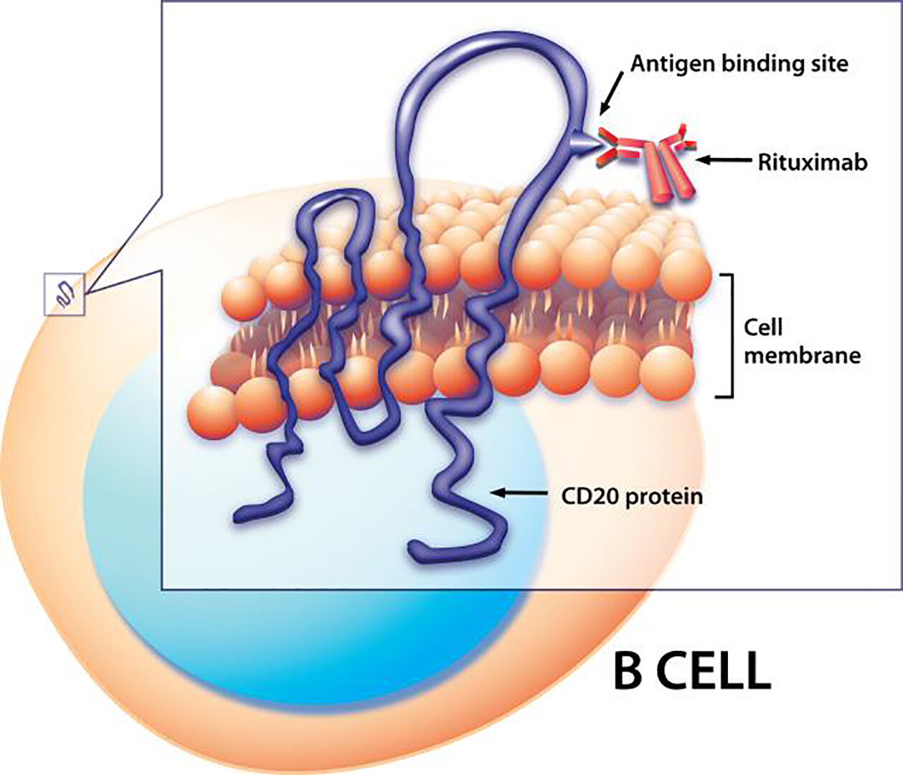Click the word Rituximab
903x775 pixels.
click(812, 162)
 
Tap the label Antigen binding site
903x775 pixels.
click(739, 64)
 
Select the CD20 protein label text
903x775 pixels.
click(631, 496)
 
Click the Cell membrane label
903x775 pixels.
click(801, 341)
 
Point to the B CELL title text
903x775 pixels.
click(691, 670)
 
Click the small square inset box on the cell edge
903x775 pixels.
click(65, 294)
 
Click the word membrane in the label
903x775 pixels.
click(801, 354)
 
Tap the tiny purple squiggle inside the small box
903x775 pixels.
click(65, 294)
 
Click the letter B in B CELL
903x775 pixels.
click(628, 670)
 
